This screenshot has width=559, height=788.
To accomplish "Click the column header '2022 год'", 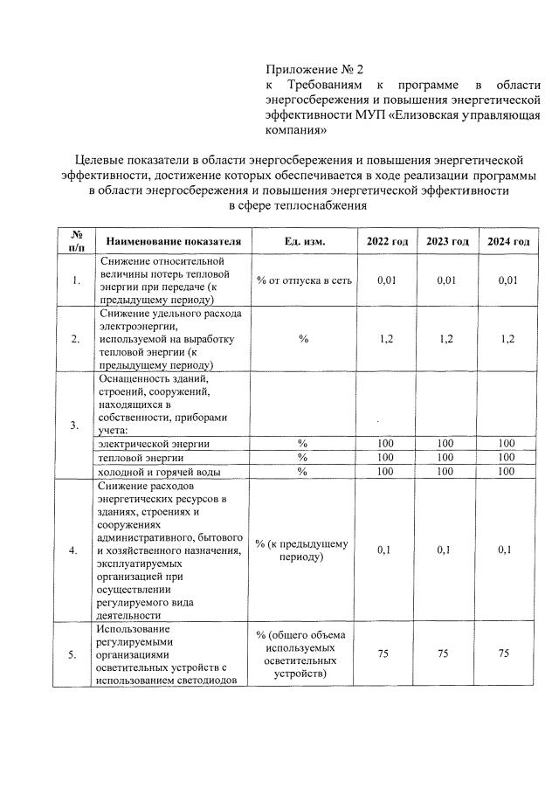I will tap(386, 242).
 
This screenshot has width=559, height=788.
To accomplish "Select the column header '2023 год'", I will tap(446, 242).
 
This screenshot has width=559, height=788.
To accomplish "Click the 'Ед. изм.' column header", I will tap(303, 242).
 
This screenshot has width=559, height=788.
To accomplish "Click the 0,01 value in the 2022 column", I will tap(386, 280).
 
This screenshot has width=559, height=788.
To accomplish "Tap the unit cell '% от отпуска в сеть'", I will tap(303, 280).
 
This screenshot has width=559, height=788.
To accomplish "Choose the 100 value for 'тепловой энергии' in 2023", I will tap(446, 458).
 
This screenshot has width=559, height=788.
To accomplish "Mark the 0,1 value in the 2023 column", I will tap(446, 550).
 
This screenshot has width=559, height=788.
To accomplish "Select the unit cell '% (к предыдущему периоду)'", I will tap(303, 550).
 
